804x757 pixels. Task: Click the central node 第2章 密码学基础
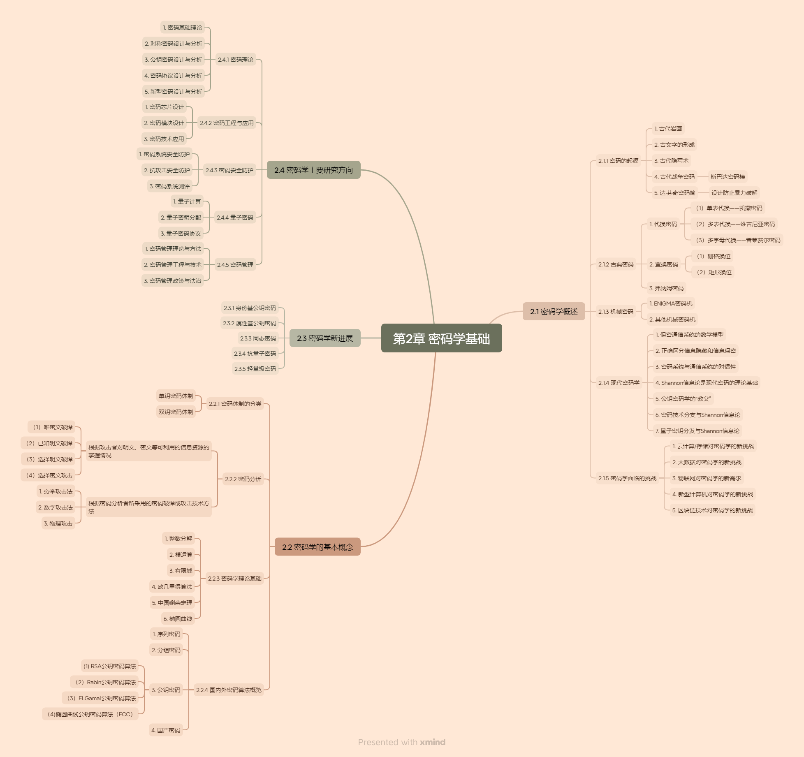click(441, 338)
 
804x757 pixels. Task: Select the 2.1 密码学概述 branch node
click(554, 311)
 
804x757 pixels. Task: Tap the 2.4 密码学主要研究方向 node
click(313, 170)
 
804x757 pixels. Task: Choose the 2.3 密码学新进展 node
click(325, 338)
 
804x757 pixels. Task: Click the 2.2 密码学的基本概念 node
click(317, 547)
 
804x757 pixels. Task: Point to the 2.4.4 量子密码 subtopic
click(235, 217)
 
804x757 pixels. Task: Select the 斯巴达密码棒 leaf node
click(728, 177)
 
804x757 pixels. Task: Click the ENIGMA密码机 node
click(671, 303)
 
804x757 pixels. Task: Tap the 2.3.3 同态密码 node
click(258, 338)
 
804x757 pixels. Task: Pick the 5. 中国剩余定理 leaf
click(172, 603)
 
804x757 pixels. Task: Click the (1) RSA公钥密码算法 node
click(109, 666)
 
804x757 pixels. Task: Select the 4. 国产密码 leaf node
click(166, 730)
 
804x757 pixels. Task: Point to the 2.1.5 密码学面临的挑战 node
click(627, 478)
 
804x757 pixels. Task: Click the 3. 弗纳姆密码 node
click(666, 288)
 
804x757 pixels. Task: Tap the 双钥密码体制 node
click(176, 412)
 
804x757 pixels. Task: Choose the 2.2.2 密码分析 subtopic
click(243, 479)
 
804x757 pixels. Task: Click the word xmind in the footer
click(432, 742)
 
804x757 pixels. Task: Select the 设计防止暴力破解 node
click(734, 193)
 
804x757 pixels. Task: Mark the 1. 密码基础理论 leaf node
click(182, 28)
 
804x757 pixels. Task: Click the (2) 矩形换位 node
click(714, 272)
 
